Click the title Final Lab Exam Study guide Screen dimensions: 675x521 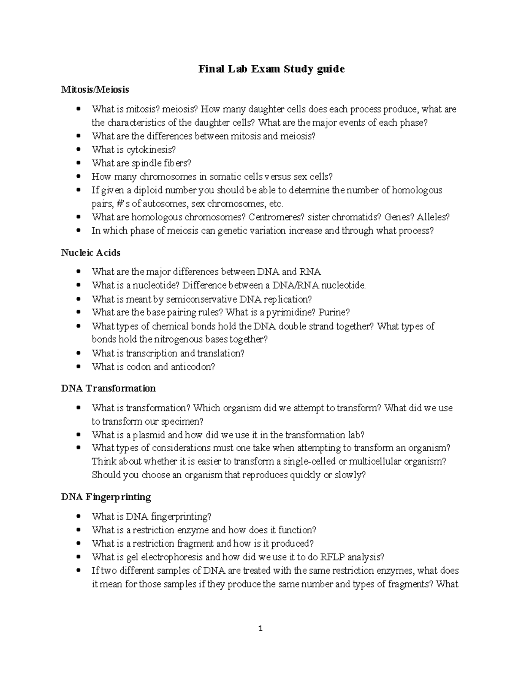tap(271, 69)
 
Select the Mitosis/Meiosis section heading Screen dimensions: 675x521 tap(95, 90)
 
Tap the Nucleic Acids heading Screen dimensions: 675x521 tap(91, 253)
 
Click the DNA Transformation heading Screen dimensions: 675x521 tap(108, 388)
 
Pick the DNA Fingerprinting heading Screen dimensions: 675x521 tap(106, 497)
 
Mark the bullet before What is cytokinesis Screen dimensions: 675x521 tap(78, 150)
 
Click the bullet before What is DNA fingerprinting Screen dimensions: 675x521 tap(78, 517)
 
